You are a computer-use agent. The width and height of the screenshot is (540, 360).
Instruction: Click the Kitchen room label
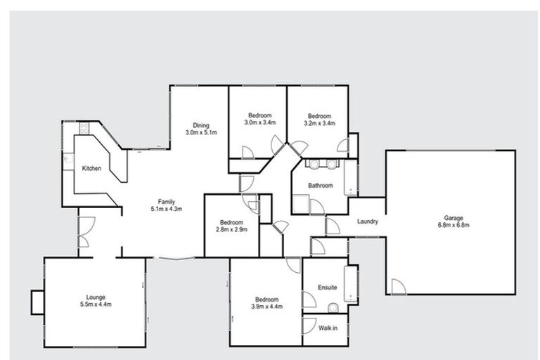coord(92,169)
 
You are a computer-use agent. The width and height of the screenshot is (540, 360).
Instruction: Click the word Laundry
coord(368,221)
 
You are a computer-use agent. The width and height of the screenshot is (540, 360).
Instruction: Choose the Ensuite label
coord(327,287)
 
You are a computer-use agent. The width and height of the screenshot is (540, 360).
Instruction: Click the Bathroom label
coord(320,186)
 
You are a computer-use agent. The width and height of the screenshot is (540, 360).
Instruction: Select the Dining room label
coord(200,125)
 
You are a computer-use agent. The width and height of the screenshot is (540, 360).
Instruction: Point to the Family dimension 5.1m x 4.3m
coord(166,209)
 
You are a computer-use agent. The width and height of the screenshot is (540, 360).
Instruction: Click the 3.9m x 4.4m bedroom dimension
coord(267,306)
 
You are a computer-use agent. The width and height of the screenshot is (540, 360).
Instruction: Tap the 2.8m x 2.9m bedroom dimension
coord(231,229)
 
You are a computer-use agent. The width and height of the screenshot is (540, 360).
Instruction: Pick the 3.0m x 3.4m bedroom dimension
coord(259,123)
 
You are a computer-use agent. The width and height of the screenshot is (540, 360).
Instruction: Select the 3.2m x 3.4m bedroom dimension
coord(319,123)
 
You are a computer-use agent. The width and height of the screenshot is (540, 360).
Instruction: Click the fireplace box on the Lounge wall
coord(37,303)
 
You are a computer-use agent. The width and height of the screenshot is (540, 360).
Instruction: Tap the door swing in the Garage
coord(398,287)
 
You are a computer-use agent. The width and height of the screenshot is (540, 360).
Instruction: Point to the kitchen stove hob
coord(83,129)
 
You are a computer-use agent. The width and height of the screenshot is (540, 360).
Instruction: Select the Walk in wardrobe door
coord(309,326)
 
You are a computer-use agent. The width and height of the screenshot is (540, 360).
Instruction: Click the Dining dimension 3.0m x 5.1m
coord(200,132)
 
